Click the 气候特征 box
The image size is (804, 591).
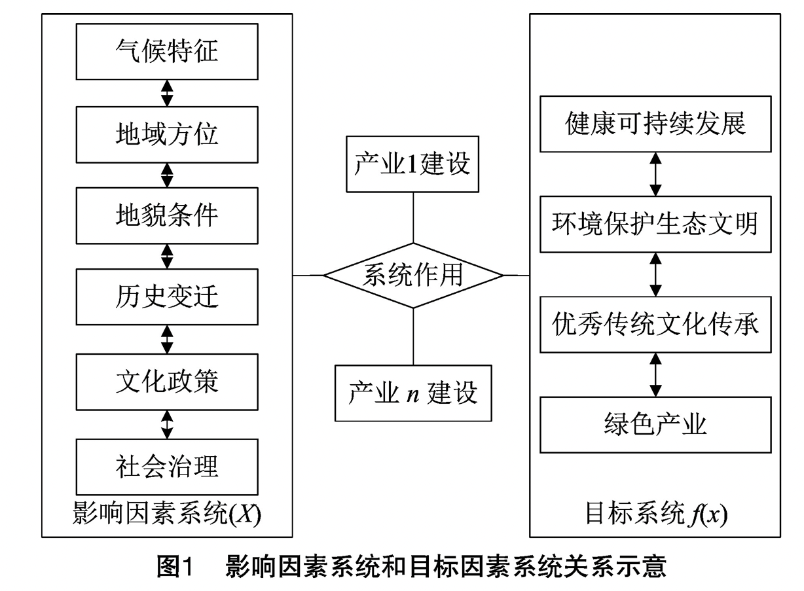click(167, 52)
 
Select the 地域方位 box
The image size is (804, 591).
click(167, 135)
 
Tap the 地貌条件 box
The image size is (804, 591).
click(167, 216)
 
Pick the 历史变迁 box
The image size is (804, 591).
click(167, 297)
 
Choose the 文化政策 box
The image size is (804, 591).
click(167, 382)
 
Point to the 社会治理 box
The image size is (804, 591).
click(167, 467)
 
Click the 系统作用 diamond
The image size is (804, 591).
click(413, 276)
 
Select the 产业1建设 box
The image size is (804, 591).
click(412, 164)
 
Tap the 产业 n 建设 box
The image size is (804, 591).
click(413, 393)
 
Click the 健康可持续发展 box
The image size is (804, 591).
click(655, 124)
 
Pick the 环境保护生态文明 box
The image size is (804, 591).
click(655, 224)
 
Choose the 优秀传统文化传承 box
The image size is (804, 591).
click(655, 325)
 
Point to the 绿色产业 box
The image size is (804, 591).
click(655, 425)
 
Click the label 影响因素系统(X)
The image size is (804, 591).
click(167, 514)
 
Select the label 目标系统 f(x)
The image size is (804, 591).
click(657, 514)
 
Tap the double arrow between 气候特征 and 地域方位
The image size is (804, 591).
click(167, 94)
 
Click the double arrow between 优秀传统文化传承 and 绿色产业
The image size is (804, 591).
click(655, 375)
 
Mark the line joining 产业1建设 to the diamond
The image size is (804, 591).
click(413, 218)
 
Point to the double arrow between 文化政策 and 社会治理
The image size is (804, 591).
click(167, 425)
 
